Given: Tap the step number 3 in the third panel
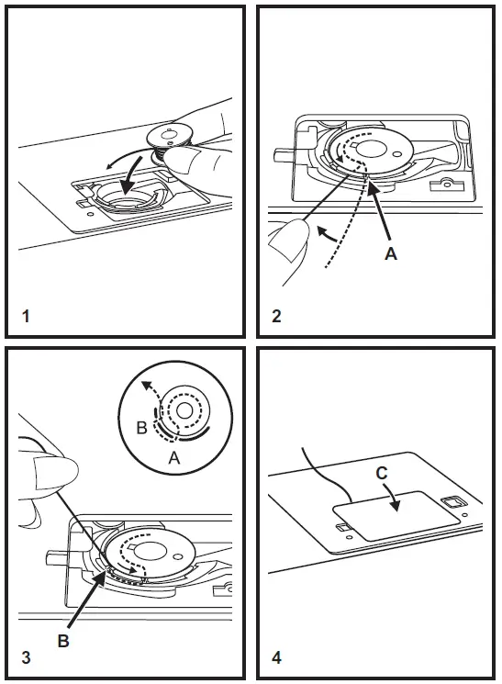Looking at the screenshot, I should pos(26,657).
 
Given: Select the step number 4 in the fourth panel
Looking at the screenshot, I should pos(277,657).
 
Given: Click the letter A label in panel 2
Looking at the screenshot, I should pos(391,254).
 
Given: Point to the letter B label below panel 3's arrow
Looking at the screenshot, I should pos(63,642).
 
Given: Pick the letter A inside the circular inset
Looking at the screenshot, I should pos(174,456).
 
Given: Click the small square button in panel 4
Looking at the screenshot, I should pos(451,502).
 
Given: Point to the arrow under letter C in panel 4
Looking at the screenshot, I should pos(394,499).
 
